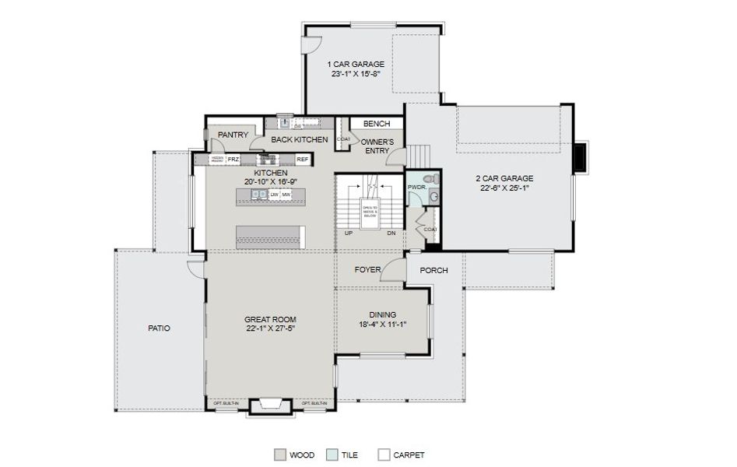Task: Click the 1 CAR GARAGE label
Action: tap(356, 64)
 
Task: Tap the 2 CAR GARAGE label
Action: tap(504, 177)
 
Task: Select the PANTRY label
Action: tap(233, 135)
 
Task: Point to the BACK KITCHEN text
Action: tap(299, 140)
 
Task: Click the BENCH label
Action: tap(376, 124)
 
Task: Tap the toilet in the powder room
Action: tap(435, 180)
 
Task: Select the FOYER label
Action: tap(367, 270)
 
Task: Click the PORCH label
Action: tap(433, 270)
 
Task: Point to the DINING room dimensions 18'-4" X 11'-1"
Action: tap(382, 324)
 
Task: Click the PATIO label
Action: tap(159, 328)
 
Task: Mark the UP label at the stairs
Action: tap(350, 232)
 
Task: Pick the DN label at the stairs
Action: tap(391, 232)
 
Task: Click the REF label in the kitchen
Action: tap(302, 160)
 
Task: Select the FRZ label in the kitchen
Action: tap(233, 160)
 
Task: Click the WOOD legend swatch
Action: tap(279, 455)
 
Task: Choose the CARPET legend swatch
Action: tap(383, 455)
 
